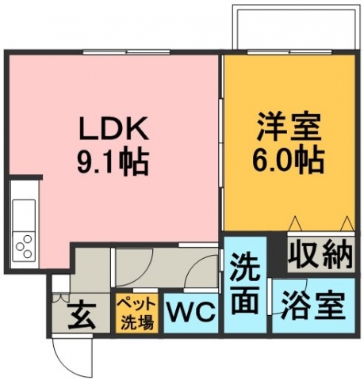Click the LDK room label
tap(113, 130)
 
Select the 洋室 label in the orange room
tap(289, 127)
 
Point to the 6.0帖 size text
tap(288, 159)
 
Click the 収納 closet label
tap(320, 254)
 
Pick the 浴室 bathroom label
tap(313, 306)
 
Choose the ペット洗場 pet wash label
tap(137, 313)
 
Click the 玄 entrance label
tap(82, 317)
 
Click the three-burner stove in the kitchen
tap(24, 246)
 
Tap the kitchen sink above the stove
tap(24, 215)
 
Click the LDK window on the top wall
tap(126, 52)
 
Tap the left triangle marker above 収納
tap(295, 223)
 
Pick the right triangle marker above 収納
tap(347, 223)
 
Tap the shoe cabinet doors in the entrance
tap(61, 298)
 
